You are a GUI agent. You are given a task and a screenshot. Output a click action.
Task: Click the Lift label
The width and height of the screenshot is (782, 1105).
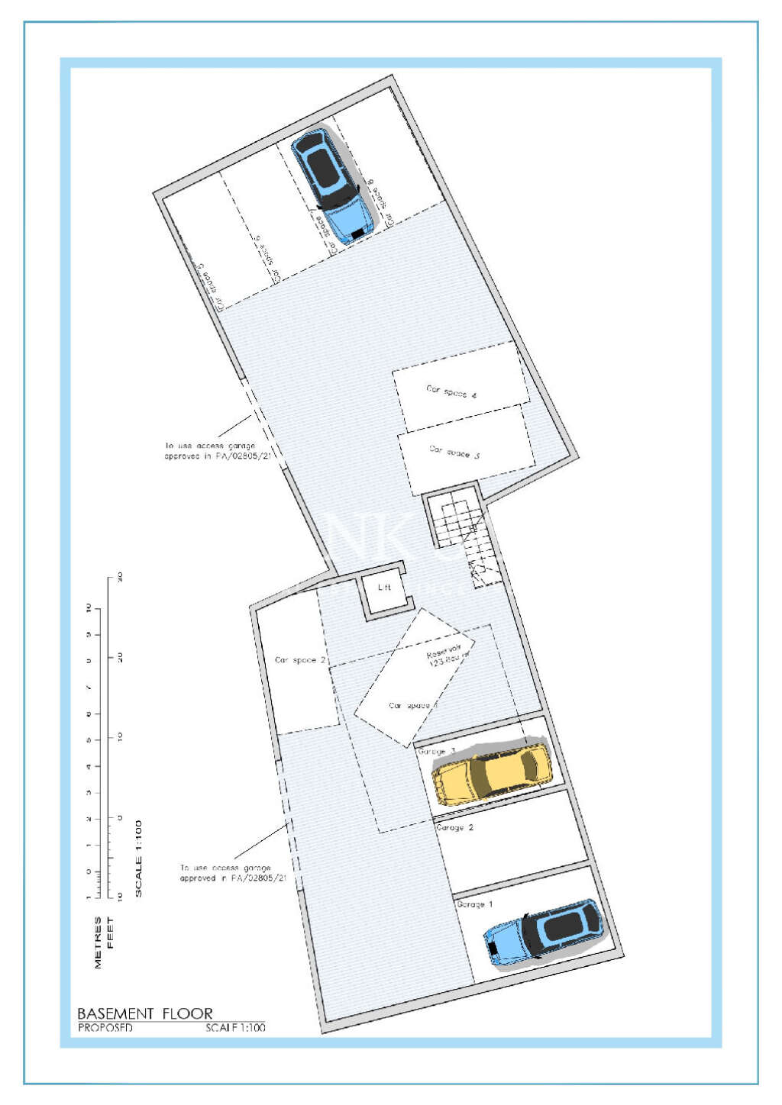tap(384, 587)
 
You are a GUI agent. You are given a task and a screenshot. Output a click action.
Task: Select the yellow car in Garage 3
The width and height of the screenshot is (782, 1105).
tap(492, 773)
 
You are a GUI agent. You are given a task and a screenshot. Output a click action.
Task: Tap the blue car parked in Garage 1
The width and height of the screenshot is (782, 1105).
tap(544, 933)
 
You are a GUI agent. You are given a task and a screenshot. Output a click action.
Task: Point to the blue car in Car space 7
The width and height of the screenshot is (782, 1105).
tap(333, 184)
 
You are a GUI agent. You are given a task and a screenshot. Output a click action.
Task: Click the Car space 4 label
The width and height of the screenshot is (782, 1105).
tap(451, 392)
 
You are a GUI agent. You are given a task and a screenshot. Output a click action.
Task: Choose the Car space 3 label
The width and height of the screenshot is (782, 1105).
tap(454, 452)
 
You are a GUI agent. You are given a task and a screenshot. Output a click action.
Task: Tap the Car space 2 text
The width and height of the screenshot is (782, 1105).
tap(300, 660)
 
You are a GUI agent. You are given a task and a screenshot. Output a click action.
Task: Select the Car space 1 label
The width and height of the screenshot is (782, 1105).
tap(412, 706)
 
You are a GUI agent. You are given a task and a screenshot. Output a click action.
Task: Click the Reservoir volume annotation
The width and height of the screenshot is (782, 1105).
tap(448, 656)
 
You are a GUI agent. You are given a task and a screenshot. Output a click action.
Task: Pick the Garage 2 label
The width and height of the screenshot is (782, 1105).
tap(454, 827)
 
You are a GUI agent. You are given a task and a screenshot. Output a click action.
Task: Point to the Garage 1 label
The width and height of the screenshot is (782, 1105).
tap(474, 904)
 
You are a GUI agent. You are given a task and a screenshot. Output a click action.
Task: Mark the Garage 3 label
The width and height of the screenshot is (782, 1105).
tap(436, 752)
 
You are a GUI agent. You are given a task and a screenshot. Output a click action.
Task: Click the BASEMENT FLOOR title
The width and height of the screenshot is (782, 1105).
tap(145, 1013)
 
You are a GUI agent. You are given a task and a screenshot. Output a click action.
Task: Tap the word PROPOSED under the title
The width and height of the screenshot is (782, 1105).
tap(105, 1028)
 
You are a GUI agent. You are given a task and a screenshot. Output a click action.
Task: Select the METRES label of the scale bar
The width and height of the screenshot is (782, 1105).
tap(98, 942)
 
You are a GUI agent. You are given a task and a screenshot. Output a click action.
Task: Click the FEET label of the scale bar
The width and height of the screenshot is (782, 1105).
tap(110, 933)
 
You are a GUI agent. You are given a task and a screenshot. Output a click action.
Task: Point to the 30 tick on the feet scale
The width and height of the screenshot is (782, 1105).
tap(120, 578)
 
